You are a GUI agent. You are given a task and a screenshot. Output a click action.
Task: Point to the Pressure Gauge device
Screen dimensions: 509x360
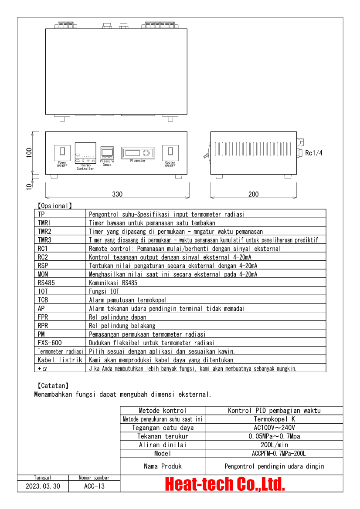coord(107,153)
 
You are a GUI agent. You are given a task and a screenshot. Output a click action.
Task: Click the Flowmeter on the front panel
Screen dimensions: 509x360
coord(138,153)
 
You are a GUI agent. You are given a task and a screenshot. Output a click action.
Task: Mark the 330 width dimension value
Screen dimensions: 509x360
coord(117,194)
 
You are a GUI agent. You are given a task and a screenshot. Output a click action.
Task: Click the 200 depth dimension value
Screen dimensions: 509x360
coord(253,194)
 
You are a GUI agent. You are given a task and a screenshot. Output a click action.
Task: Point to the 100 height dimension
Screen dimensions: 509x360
coord(29,153)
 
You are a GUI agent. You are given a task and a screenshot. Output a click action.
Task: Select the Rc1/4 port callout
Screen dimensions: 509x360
coord(314,153)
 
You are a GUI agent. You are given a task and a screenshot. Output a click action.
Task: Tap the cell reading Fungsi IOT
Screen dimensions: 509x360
coord(104,291)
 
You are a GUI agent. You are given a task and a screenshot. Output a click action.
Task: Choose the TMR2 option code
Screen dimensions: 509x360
coord(44,231)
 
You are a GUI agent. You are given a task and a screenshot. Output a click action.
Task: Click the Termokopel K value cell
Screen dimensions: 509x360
coord(274,419)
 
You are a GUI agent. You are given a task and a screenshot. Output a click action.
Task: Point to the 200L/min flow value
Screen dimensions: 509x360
coord(275,445)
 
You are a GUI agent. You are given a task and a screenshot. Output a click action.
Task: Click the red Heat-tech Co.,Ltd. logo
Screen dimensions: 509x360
coord(224,484)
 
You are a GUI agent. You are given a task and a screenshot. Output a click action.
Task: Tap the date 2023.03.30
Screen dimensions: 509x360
coord(43,486)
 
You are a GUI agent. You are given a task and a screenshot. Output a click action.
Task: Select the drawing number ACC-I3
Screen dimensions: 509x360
coord(94,486)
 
